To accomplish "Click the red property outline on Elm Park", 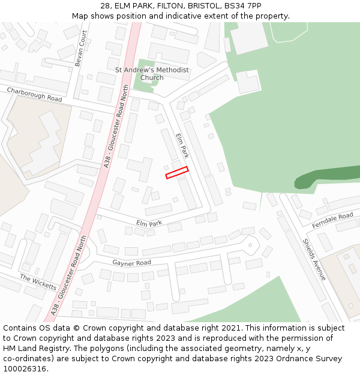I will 177,172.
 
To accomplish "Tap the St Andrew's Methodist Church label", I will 152,74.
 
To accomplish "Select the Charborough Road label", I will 34,94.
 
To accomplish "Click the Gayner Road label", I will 131,263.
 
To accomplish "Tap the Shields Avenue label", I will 314,259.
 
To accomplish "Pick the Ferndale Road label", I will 333,220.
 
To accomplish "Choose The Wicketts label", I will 38,282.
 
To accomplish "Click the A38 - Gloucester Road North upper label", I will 118,125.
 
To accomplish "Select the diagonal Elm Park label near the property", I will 182,146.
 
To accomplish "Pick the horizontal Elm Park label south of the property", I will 149,223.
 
